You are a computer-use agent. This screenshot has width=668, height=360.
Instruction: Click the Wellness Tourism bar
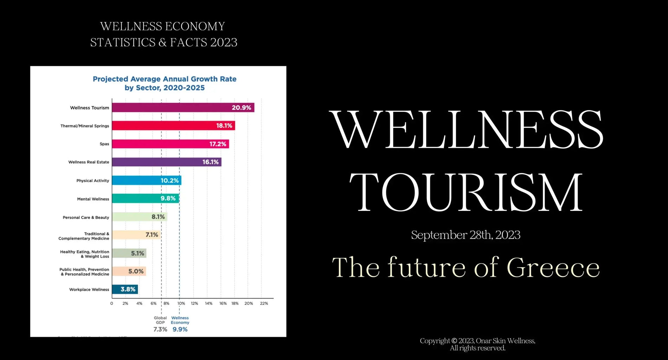coord(183,108)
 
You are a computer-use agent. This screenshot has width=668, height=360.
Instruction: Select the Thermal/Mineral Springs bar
coord(173,126)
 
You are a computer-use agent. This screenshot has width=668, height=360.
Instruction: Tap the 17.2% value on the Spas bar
coord(218,144)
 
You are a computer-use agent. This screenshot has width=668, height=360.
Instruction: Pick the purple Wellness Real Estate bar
coord(166,162)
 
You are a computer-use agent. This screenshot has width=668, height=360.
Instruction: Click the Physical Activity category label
coord(93,181)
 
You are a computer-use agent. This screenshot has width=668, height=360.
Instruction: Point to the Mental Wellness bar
coord(145,199)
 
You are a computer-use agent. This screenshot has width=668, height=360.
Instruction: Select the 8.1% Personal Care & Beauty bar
coord(139,217)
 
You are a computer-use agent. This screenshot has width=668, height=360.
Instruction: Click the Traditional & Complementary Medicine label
coord(84,236)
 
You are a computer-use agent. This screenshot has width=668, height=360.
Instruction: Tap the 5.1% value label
coord(137,253)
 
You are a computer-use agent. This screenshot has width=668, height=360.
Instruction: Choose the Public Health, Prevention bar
coord(129,271)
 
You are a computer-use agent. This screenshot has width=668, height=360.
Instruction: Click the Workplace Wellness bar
coord(125,289)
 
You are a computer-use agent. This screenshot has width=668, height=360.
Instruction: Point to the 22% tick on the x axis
coord(264,303)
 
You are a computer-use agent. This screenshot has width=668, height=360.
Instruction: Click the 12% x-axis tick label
coord(194,303)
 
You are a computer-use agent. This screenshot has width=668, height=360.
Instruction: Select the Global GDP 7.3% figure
coord(160,329)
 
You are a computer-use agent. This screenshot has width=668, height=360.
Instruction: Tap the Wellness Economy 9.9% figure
coord(180,329)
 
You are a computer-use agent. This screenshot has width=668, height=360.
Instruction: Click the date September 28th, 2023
coord(465,235)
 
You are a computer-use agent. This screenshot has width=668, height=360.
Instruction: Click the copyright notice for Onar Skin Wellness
coord(477,344)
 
